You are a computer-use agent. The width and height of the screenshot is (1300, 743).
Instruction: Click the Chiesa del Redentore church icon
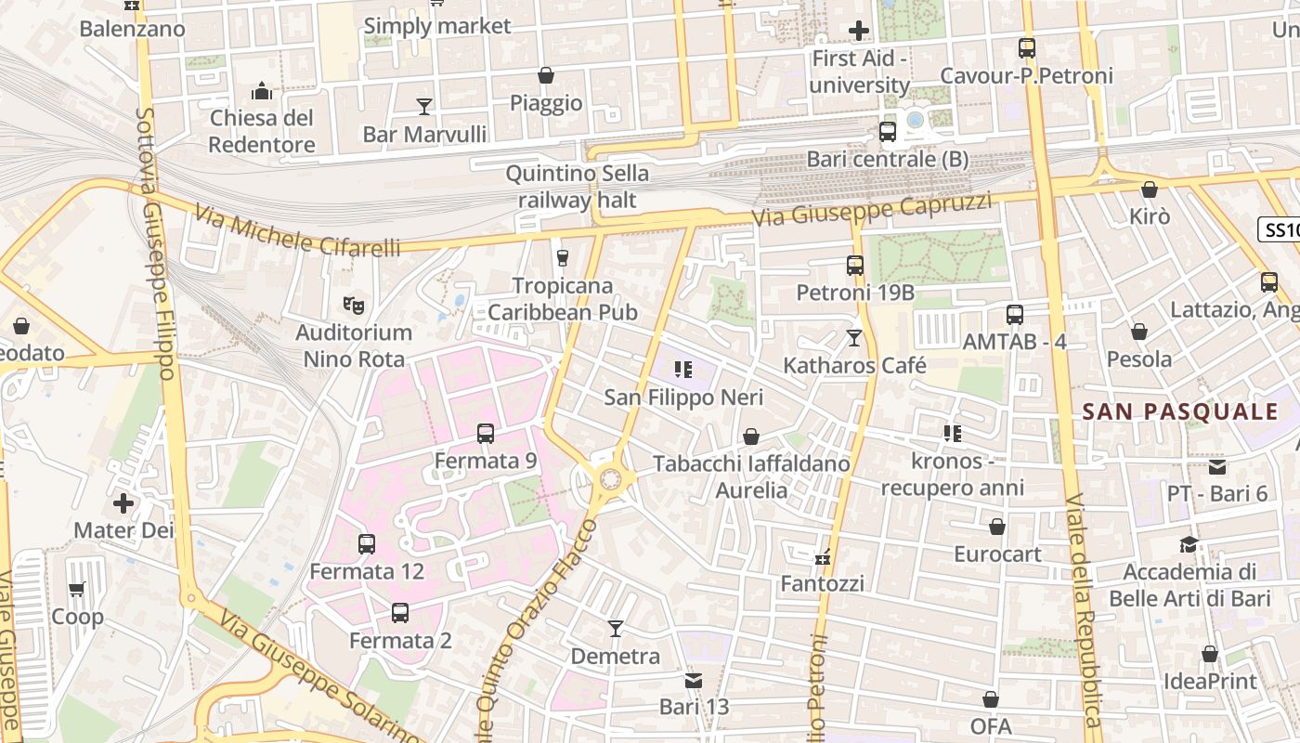click(262, 91)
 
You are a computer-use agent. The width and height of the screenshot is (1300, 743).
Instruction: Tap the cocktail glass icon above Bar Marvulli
click(424, 106)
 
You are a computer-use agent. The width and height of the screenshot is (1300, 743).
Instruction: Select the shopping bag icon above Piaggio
click(546, 75)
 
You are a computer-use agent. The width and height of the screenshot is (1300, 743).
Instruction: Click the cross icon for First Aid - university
click(859, 31)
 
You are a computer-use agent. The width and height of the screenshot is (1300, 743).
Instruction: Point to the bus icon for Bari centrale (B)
click(888, 132)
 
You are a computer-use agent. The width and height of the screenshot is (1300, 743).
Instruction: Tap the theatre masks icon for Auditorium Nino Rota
click(353, 304)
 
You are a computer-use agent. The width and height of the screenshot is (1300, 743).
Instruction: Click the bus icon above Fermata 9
click(486, 433)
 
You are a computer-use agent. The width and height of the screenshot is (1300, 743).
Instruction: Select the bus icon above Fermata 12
click(367, 544)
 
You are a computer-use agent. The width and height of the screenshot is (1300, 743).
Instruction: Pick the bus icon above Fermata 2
click(400, 613)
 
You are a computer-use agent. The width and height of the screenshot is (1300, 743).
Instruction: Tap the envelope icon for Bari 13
click(694, 680)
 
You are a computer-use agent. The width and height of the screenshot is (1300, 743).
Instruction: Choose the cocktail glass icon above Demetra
click(615, 629)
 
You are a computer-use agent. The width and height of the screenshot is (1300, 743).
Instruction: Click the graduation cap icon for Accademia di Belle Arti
click(1189, 544)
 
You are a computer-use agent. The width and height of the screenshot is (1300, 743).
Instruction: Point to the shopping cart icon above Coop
click(77, 589)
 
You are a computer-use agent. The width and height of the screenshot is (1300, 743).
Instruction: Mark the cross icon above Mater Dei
click(123, 503)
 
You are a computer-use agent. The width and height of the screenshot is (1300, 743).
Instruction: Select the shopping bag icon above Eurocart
click(997, 527)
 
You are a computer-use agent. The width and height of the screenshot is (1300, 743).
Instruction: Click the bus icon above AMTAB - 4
click(1015, 314)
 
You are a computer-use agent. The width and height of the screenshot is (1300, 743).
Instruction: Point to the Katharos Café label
click(854, 365)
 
